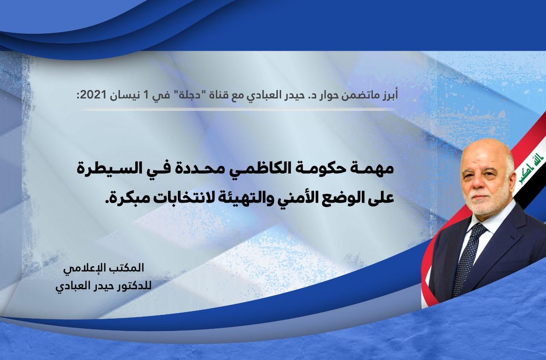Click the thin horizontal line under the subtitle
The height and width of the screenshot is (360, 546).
[238, 110]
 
